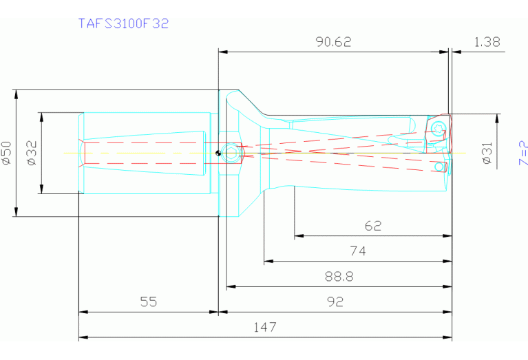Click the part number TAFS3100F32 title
[x=124, y=23]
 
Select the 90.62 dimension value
[x=333, y=42]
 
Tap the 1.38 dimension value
[x=487, y=42]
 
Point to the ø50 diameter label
[x=7, y=152]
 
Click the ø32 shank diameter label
[x=31, y=152]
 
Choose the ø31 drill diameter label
[x=487, y=153]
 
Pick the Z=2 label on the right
[x=522, y=153]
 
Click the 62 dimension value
[x=373, y=226]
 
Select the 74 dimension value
[x=358, y=252]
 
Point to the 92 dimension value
[x=335, y=301]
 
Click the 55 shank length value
[x=148, y=301]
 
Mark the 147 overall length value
[x=265, y=328]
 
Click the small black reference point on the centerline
[x=218, y=153]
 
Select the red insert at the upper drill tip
[x=439, y=129]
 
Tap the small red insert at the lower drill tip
[x=442, y=167]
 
